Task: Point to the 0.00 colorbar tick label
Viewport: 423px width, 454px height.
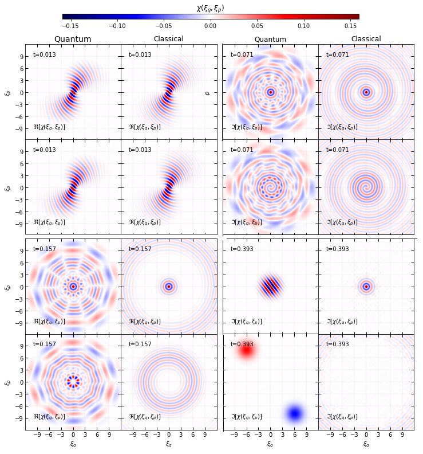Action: coord(210,26)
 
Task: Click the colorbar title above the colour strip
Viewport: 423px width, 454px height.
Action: coord(210,7)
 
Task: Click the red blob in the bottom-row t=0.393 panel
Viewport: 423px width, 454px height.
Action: coord(247,350)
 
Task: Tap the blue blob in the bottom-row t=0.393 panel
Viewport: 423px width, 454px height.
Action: coord(295,413)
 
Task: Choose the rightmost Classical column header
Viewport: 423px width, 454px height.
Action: coord(366,39)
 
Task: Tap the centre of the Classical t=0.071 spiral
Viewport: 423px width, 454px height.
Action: coord(366,187)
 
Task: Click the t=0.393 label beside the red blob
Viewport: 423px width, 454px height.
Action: coord(242,344)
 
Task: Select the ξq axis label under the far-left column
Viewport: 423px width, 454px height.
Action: coord(73,443)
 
